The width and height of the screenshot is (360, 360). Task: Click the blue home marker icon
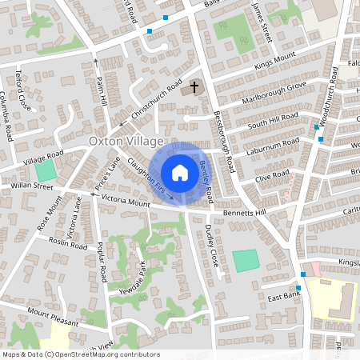pyautogui.click(x=180, y=173)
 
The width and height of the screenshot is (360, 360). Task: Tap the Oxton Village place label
pyautogui.click(x=121, y=141)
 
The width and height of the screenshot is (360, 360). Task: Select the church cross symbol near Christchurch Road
pyautogui.click(x=194, y=86)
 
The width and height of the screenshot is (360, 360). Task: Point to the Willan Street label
pyautogui.click(x=31, y=186)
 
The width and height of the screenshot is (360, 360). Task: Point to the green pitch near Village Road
pyautogui.click(x=47, y=170)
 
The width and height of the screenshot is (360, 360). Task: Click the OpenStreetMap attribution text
pyautogui.click(x=80, y=354)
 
